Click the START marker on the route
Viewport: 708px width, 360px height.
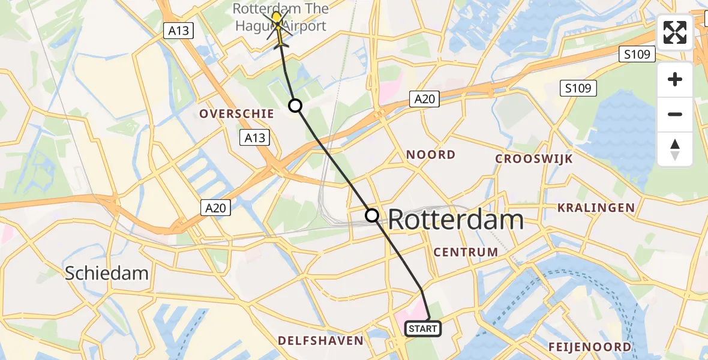pos(423,329)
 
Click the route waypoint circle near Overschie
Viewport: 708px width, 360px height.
pos(295,106)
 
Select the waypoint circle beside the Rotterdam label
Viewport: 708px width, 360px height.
pos(372,215)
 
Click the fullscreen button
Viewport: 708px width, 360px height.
pos(675,32)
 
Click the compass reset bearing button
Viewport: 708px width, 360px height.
pos(675,149)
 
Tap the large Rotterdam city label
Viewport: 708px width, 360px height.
pos(456,220)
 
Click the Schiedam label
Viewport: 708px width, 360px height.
pos(106,273)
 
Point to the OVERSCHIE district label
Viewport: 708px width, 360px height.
pos(236,113)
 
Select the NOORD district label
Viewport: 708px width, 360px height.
pos(431,155)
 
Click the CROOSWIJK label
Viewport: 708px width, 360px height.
pos(533,159)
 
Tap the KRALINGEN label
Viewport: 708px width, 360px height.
pos(596,208)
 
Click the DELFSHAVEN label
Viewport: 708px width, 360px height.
pos(320,341)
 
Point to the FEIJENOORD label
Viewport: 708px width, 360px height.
pos(589,347)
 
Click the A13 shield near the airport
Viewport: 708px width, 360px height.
pos(179,31)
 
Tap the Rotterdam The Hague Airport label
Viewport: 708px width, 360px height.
pos(280,17)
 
